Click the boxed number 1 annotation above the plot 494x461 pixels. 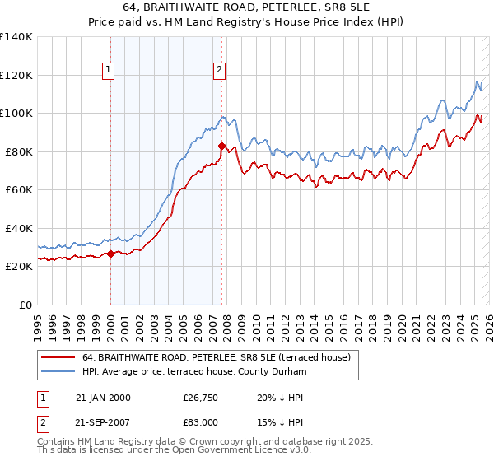click(110, 70)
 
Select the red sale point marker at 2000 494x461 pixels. click(110, 254)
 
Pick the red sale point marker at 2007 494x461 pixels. click(221, 146)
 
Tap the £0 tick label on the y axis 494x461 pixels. click(25, 305)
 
